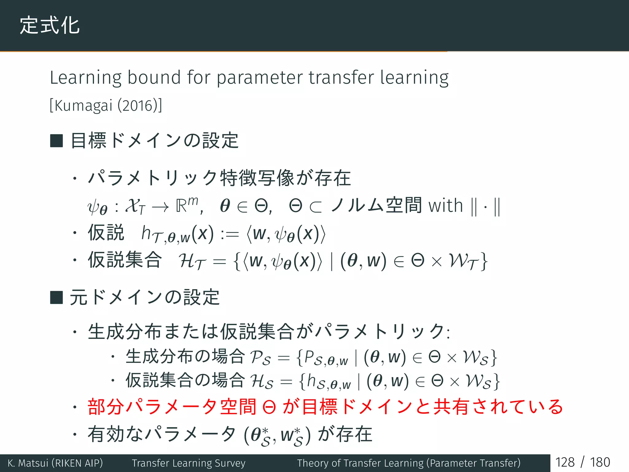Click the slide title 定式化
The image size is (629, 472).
pos(50,25)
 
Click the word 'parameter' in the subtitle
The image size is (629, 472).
pos(260,77)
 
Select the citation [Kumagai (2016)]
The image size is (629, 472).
pos(106,105)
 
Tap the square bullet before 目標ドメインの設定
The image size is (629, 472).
pos(57,141)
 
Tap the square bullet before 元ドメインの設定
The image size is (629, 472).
pos(57,297)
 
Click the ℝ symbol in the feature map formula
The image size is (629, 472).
pos(182,206)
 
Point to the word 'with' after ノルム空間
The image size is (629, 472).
pos(446,206)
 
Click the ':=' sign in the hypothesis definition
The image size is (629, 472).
pos(230,234)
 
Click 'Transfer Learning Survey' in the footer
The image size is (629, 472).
pos(189,463)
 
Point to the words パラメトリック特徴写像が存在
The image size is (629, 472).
pos(219,178)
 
